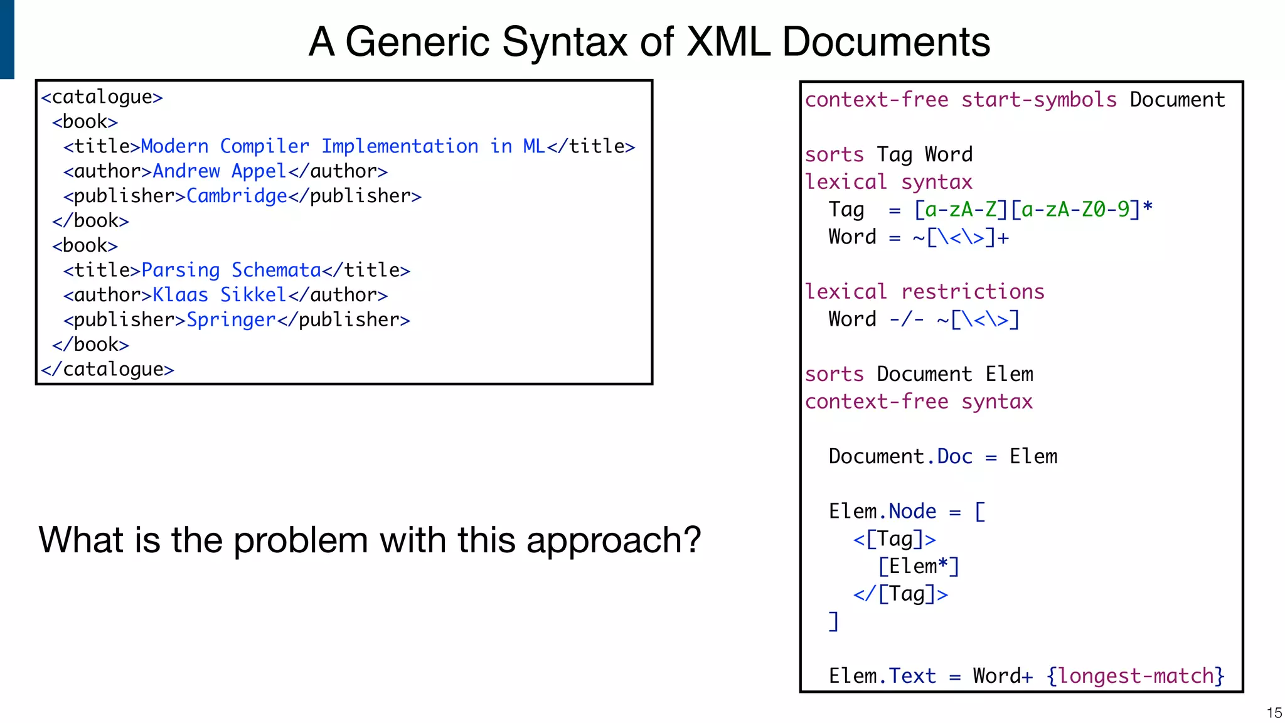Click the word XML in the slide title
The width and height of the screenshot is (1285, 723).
pyautogui.click(x=728, y=42)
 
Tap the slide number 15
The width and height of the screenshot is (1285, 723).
pyautogui.click(x=1274, y=713)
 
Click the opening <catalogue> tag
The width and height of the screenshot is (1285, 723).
pyautogui.click(x=102, y=97)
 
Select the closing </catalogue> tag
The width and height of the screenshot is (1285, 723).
pyautogui.click(x=107, y=369)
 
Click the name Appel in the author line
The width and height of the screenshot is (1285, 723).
pyautogui.click(x=259, y=171)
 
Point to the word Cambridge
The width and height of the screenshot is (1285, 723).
pyautogui.click(x=237, y=196)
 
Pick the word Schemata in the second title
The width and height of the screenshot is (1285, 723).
pyautogui.click(x=276, y=270)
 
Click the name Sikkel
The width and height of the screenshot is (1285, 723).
pyautogui.click(x=253, y=295)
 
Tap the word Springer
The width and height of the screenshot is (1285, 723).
pyautogui.click(x=231, y=320)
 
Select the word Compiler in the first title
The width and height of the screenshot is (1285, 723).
pyautogui.click(x=264, y=147)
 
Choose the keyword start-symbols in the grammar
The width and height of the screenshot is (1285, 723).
pyautogui.click(x=1039, y=100)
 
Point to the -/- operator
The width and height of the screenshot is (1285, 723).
pyautogui.click(x=907, y=319)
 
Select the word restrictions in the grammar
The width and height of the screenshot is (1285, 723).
pyautogui.click(x=973, y=292)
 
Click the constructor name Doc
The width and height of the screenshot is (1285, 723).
pyautogui.click(x=954, y=457)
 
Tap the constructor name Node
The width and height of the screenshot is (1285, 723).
pyautogui.click(x=912, y=511)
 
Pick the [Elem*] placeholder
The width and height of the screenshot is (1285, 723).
pyautogui.click(x=919, y=567)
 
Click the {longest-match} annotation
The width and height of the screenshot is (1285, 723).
pyautogui.click(x=1135, y=676)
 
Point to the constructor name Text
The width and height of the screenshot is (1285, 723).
pyautogui.click(x=912, y=676)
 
